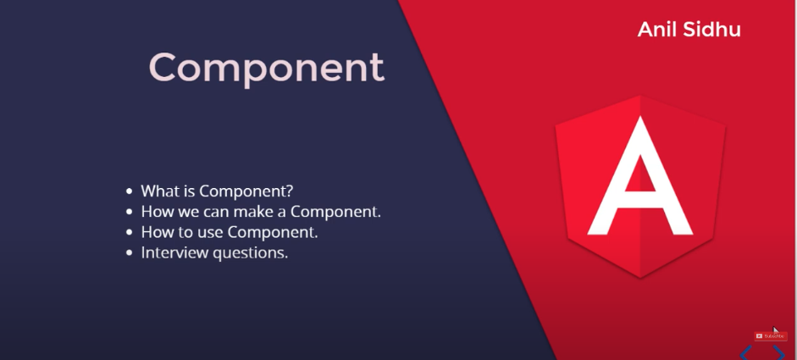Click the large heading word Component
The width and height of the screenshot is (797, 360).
click(x=266, y=68)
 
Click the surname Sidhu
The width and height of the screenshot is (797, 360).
click(x=711, y=29)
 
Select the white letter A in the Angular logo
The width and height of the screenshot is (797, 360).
click(x=640, y=176)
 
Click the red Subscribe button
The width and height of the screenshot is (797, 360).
click(x=770, y=336)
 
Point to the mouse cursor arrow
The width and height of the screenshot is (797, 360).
click(x=776, y=331)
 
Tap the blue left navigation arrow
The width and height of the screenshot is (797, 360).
click(x=745, y=352)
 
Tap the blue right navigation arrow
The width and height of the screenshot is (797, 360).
click(x=778, y=352)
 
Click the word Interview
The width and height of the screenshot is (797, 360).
click(x=174, y=252)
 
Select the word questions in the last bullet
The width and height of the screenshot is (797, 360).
click(x=248, y=253)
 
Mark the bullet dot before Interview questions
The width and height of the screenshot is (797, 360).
click(x=129, y=252)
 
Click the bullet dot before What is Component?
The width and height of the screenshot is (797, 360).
click(x=129, y=191)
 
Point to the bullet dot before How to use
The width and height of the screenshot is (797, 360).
click(x=129, y=232)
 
